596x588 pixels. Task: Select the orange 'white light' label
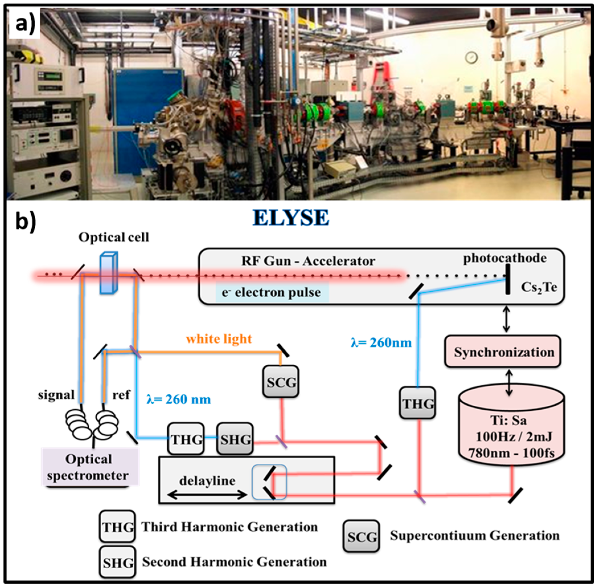click(x=219, y=339)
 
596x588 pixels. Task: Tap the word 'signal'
click(x=56, y=395)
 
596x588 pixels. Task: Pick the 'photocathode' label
click(x=505, y=258)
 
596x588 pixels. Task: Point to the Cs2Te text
click(x=539, y=288)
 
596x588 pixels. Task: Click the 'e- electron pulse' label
click(x=272, y=292)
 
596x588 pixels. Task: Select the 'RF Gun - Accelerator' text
click(x=308, y=261)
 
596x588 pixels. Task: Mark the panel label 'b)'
click(x=26, y=221)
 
